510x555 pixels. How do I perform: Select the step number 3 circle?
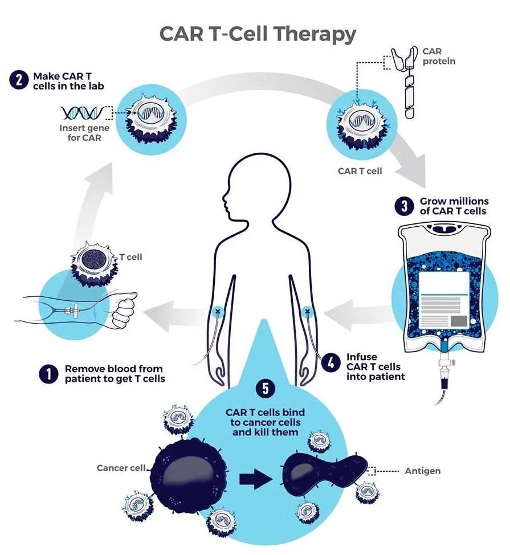pos(405,206)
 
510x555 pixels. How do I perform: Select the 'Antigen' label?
pos(422,471)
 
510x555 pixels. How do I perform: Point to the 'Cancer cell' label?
pos(121,468)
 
